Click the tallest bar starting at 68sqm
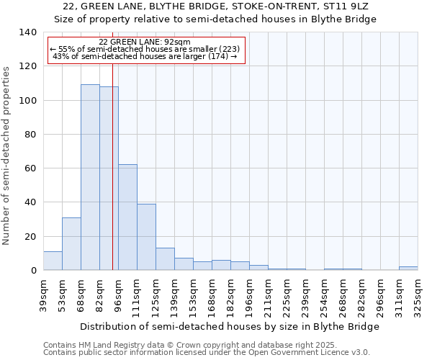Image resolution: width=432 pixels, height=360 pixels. (x=90, y=177)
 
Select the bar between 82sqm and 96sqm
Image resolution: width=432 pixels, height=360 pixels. (x=109, y=178)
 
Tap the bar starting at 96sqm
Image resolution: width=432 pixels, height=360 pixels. (x=127, y=217)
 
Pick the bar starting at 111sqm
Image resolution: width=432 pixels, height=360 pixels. (x=146, y=237)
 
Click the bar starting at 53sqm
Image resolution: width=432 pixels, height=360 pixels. (x=71, y=243)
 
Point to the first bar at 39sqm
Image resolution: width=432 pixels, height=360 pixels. (x=53, y=261)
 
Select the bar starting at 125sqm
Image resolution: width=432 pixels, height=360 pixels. (x=165, y=259)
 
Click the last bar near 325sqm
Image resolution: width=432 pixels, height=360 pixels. (x=408, y=268)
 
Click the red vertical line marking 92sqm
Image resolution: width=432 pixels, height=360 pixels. (x=113, y=180)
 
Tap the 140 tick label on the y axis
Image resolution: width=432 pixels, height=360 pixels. (x=27, y=32)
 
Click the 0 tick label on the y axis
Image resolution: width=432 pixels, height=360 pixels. (x=33, y=271)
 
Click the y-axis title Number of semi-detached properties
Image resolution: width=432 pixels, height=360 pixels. (x=7, y=156)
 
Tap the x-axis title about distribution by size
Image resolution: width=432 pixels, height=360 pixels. (x=229, y=326)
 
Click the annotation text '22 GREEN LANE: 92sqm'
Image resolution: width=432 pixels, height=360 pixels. (x=144, y=42)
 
